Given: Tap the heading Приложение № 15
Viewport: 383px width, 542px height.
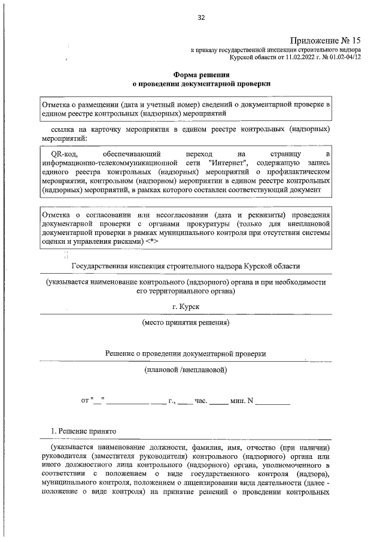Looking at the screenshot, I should tap(326, 39).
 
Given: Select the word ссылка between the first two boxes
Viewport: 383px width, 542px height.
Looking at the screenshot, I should tap(63, 129).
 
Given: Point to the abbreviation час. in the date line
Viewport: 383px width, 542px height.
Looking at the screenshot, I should tap(200, 399).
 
